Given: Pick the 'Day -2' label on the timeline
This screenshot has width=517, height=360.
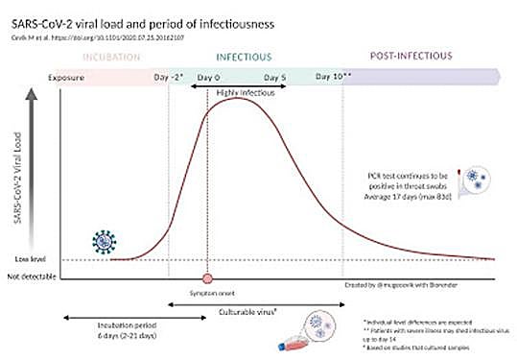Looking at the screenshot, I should pos(168,75).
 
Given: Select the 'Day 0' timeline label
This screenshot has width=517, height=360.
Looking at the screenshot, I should pos(208,75).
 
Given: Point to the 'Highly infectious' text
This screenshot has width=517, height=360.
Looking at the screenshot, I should pos(244,92).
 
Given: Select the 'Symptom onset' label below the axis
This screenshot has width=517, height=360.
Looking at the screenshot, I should pos(207,290).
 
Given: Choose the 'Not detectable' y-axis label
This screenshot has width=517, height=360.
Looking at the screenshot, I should pos(32,276).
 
